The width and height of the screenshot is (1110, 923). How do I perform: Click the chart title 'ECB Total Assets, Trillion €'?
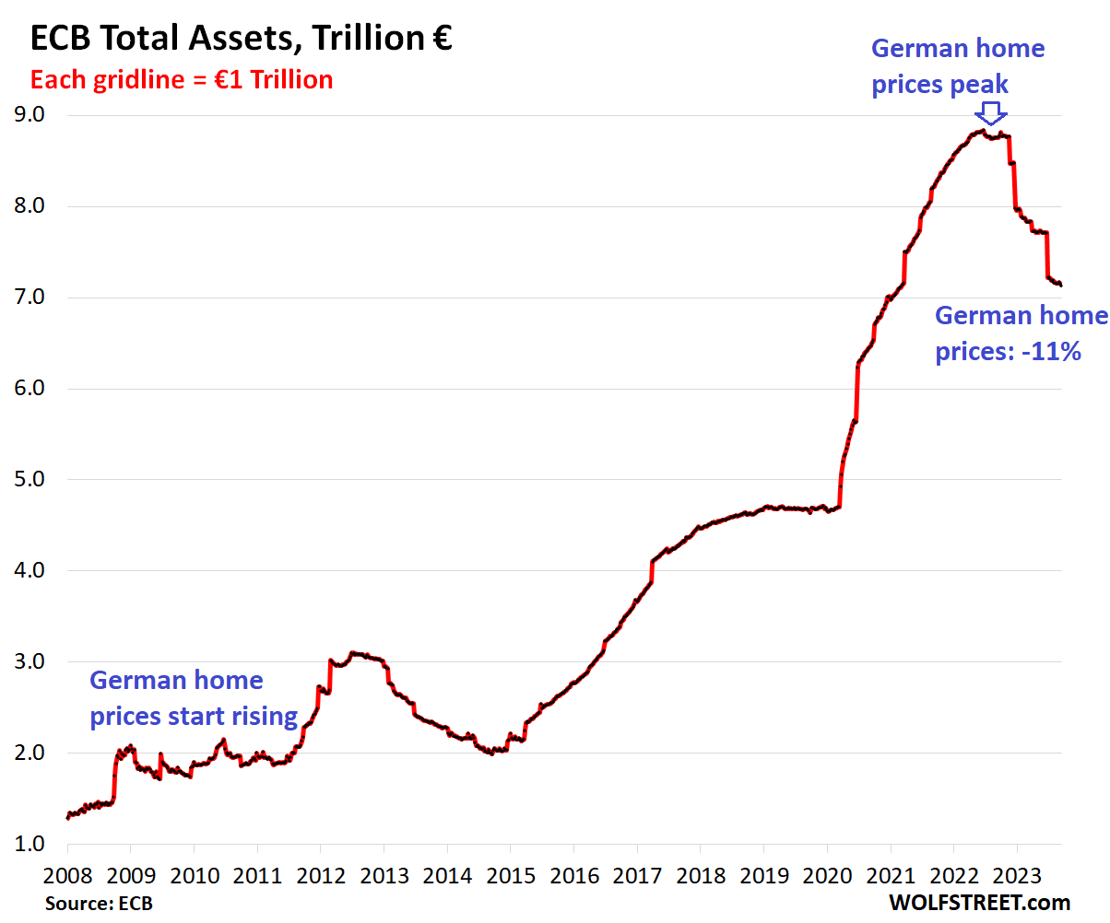coord(241,39)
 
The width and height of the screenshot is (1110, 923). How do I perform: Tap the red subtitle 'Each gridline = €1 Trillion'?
coord(182,80)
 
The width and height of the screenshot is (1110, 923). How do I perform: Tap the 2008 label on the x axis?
coord(67,872)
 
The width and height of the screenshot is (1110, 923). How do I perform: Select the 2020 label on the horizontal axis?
coord(827,872)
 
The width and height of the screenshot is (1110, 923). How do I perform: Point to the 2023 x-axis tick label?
coord(1017,872)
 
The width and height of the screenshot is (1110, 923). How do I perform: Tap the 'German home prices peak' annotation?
coord(958,66)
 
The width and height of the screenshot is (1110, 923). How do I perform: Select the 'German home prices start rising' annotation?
coord(193,698)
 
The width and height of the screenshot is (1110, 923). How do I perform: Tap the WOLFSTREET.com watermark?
coord(980,902)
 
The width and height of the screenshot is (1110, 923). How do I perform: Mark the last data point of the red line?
coord(1060,285)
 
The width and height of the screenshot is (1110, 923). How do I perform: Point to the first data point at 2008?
coord(67,817)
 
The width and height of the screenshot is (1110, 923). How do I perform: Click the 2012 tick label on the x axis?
coord(320,872)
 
